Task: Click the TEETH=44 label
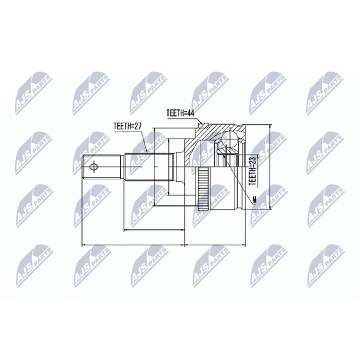pyautogui.click(x=181, y=113)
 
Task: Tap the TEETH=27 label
pyautogui.click(x=127, y=126)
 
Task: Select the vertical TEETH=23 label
pyautogui.click(x=252, y=171)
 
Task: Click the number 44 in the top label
pyautogui.click(x=191, y=113)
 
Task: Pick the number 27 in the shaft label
pyautogui.click(x=137, y=126)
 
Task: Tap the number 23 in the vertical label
pyautogui.click(x=252, y=161)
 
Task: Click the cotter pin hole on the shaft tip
pyautogui.click(x=94, y=167)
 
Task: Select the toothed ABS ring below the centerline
pyautogui.click(x=203, y=189)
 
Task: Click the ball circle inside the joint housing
pyautogui.click(x=230, y=139)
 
